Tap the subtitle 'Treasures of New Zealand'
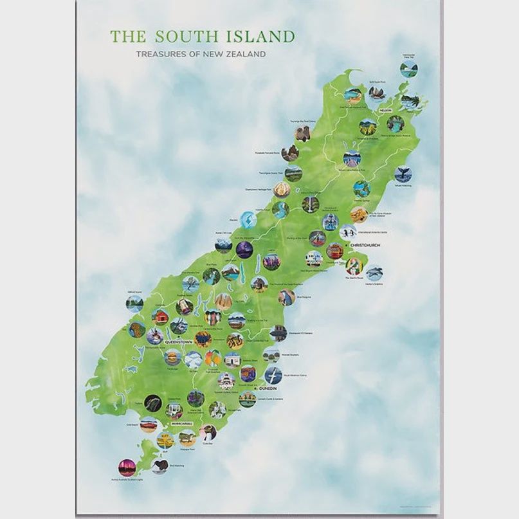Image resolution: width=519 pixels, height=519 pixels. pyautogui.click(x=201, y=55)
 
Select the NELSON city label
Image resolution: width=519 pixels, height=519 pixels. pyautogui.click(x=386, y=111)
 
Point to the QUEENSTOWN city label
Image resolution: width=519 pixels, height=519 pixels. pyautogui.click(x=179, y=342)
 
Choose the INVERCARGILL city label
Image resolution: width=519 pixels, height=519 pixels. pyautogui.click(x=183, y=424)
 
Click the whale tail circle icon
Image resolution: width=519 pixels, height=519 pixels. pyautogui.click(x=404, y=174)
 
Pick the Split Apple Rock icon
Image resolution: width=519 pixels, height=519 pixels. pyautogui.click(x=376, y=94)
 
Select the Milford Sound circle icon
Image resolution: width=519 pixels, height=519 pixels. pyautogui.click(x=134, y=304)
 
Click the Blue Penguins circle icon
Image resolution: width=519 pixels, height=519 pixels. pyautogui.click(x=286, y=296)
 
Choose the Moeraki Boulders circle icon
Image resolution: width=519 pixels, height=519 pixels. pyautogui.click(x=271, y=355)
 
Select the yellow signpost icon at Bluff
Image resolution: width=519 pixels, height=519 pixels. pyautogui.click(x=165, y=441)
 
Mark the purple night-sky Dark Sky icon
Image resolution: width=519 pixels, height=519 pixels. pyautogui.click(x=244, y=250)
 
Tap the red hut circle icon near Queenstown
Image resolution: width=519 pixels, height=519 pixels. pyautogui.click(x=160, y=316)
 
